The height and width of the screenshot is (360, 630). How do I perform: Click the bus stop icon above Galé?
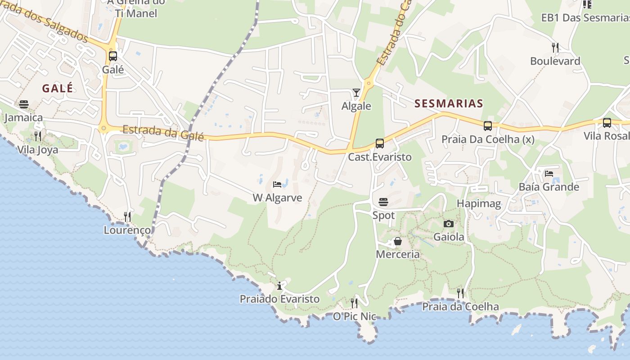pyautogui.click(x=113, y=56)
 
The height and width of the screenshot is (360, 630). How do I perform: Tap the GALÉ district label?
pyautogui.click(x=58, y=88)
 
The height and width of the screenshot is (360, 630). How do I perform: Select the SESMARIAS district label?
pyautogui.click(x=449, y=103)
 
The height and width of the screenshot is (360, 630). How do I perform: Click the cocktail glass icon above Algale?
pyautogui.click(x=356, y=93)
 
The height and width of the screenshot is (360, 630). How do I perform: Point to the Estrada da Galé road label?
pyautogui.click(x=163, y=133)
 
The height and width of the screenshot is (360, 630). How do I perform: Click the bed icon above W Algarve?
pyautogui.click(x=277, y=184)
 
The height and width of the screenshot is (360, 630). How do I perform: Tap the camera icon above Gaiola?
pyautogui.click(x=449, y=224)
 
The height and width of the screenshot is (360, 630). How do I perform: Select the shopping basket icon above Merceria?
pyautogui.click(x=398, y=242)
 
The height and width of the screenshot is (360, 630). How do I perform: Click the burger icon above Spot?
pyautogui.click(x=383, y=202)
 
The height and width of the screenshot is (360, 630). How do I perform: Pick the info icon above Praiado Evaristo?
pyautogui.click(x=279, y=286)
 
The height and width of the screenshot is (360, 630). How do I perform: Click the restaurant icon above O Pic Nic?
pyautogui.click(x=354, y=303)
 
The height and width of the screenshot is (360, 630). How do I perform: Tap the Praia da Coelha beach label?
pyautogui.click(x=460, y=307)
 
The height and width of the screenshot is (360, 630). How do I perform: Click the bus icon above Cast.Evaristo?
pyautogui.click(x=380, y=144)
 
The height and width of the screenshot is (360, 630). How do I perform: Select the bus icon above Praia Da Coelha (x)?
pyautogui.click(x=488, y=126)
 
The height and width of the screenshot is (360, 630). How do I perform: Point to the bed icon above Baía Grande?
pyautogui.click(x=549, y=173)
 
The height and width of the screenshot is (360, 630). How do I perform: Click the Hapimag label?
pyautogui.click(x=479, y=204)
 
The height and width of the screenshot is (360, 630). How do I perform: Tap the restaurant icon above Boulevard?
pyautogui.click(x=555, y=47)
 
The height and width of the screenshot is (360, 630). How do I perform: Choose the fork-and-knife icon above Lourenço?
pyautogui.click(x=127, y=217)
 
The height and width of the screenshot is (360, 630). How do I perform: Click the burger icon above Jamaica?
pyautogui.click(x=24, y=104)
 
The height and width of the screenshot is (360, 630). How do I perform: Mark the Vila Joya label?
pyautogui.click(x=38, y=150)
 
